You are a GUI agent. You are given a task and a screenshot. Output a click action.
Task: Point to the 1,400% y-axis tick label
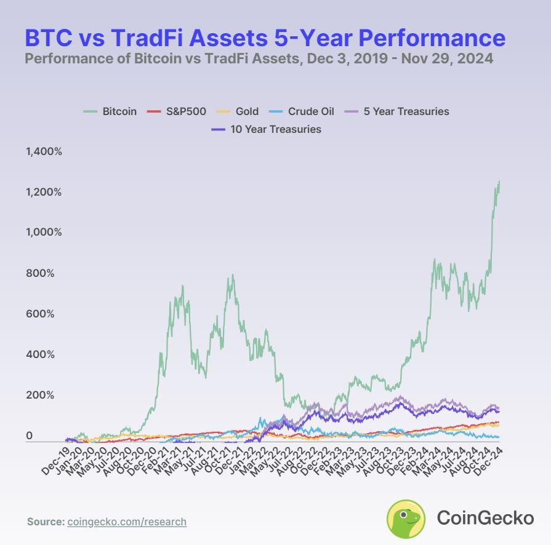pos(44,151)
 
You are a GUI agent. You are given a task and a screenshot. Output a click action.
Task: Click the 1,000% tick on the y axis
pos(44,233)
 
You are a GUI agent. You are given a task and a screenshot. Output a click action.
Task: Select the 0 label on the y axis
pos(28,436)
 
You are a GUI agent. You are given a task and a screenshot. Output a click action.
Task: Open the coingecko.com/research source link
pos(126,522)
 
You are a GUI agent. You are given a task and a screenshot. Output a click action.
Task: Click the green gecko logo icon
pos(406,519)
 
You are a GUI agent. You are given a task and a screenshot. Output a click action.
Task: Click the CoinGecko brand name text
pos(485,518)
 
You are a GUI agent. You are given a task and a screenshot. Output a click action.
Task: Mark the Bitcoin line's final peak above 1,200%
pos(499,181)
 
